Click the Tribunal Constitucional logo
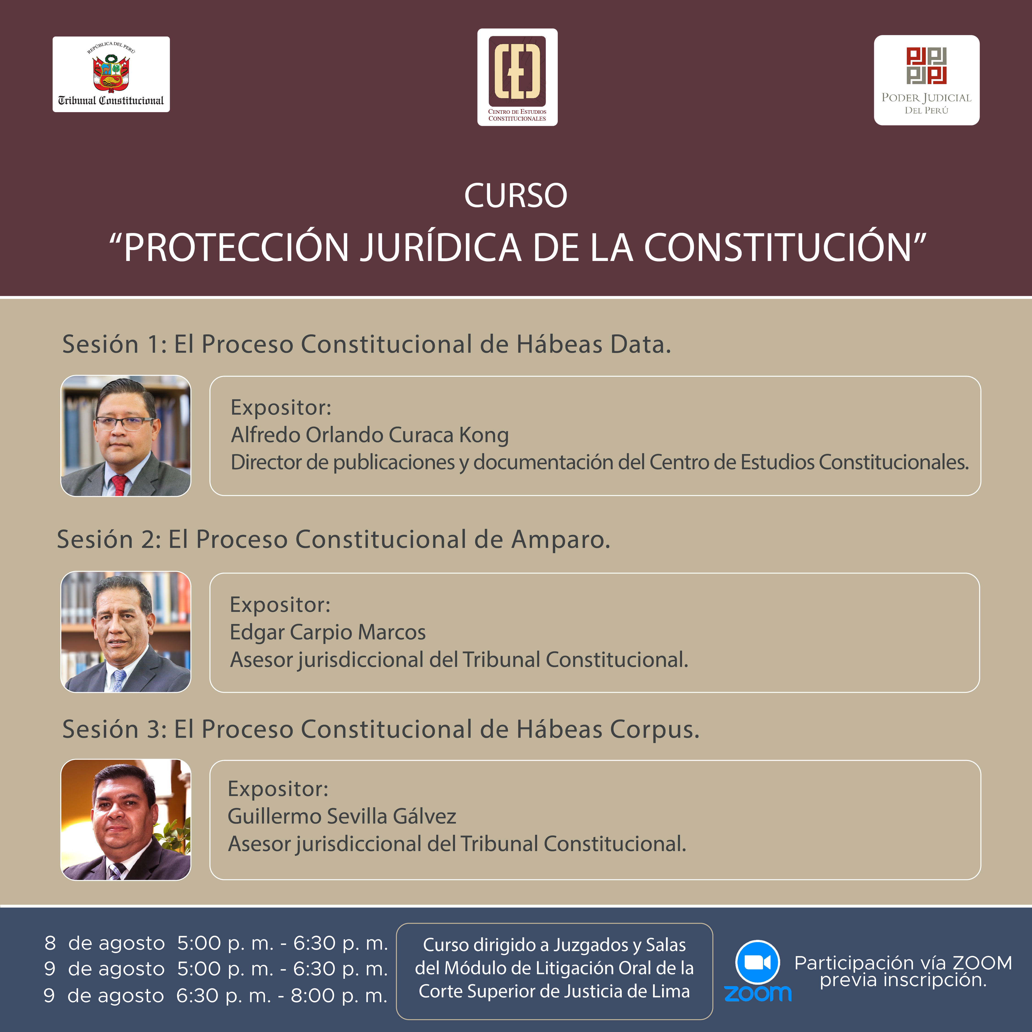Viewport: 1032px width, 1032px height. point(111,74)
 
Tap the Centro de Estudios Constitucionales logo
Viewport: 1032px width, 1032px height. point(517,77)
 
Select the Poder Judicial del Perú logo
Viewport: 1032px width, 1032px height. point(926,80)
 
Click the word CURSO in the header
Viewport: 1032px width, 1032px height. point(516,195)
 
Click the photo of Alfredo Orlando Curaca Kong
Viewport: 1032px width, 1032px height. point(126,436)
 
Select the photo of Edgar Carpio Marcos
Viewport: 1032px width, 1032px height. point(126,632)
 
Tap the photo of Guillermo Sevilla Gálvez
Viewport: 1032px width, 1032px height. point(126,819)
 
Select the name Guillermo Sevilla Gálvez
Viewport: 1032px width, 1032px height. point(342,816)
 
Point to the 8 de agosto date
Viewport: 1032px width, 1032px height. point(105,943)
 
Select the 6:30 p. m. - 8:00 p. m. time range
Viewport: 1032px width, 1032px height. point(281,996)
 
